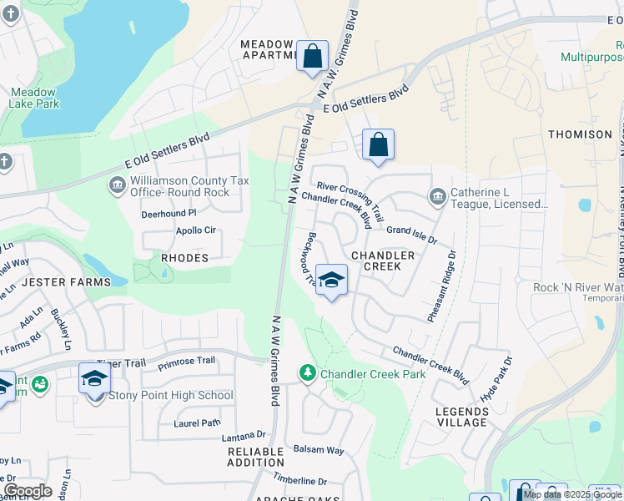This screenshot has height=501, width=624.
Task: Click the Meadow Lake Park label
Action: pos(34,98)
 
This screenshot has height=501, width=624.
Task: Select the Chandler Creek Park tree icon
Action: pos(308,373)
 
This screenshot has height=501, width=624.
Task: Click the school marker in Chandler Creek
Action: pos(331,281)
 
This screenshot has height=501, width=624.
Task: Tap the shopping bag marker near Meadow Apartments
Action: pos(313,58)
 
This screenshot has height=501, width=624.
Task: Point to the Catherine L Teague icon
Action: pos(437,197)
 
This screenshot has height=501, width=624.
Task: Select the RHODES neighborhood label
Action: pos(184,258)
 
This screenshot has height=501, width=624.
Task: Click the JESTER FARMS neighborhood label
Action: pos(67,282)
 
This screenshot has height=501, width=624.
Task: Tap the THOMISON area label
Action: pos(580,134)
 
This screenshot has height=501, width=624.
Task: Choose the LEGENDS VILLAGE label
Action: pos(462,417)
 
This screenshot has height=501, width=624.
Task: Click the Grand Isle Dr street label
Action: pos(411,235)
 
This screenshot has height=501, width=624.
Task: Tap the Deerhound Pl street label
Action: pos(169,213)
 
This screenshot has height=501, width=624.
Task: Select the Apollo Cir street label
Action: pos(195,230)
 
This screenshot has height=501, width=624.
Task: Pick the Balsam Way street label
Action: pos(319,450)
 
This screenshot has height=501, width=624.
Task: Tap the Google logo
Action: pos(28,491)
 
